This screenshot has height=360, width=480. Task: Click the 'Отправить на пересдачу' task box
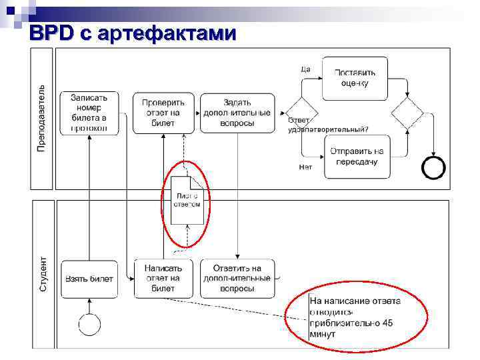(x=357, y=157)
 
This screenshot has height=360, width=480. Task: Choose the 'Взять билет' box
(x=89, y=279)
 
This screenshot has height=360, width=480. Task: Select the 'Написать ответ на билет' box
(x=163, y=279)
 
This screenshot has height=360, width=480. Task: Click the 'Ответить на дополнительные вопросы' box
(x=237, y=279)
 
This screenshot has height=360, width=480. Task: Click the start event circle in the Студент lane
(x=89, y=324)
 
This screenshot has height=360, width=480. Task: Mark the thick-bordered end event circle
(x=433, y=168)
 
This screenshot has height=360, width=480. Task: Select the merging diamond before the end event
(x=407, y=113)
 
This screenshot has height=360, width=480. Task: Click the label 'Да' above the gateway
(x=305, y=68)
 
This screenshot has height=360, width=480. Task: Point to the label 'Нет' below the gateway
(x=305, y=167)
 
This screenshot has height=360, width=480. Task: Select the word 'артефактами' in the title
(x=167, y=33)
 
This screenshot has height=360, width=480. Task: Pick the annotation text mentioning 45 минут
(x=355, y=317)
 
